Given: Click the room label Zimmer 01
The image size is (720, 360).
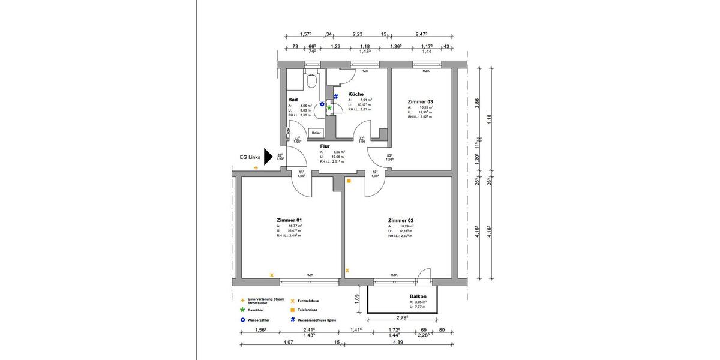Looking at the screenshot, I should click(289, 220).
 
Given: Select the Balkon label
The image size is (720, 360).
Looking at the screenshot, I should click(418, 296).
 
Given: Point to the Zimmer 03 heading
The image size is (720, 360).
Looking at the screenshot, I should click(420, 101).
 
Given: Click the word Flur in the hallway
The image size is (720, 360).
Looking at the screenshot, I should click(325, 145).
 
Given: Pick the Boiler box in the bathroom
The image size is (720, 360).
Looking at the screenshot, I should click(316, 133).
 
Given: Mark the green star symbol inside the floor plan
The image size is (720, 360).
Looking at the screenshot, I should click(329, 107).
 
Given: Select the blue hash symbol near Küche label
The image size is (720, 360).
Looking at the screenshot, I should click(336, 96).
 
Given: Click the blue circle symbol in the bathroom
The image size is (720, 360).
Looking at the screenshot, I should click(322, 104).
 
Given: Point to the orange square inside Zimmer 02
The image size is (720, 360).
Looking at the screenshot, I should click(349, 181).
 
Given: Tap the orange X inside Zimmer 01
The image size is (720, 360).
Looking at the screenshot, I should click(272, 275).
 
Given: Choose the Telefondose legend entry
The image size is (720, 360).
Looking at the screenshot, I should click(311, 310).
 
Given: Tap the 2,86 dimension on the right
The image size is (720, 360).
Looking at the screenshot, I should click(477, 103).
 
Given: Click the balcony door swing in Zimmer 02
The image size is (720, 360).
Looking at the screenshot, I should click(424, 274).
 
